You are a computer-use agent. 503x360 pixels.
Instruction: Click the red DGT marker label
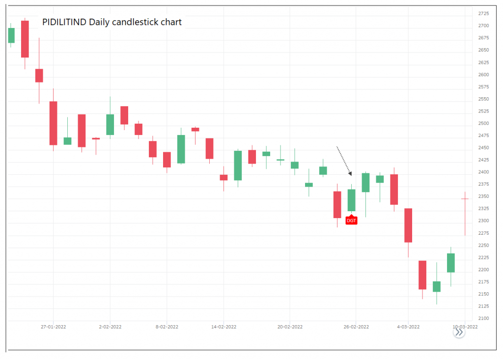click(351, 221)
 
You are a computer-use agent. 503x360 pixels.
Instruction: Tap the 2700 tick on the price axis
click(483, 26)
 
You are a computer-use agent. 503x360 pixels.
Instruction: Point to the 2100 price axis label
click(483, 318)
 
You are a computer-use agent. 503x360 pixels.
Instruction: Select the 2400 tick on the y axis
click(483, 172)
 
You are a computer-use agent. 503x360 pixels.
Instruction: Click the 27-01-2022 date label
click(54, 326)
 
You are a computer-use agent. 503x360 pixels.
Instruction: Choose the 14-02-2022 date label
click(224, 326)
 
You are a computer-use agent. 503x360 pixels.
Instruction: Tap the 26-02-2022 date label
click(356, 326)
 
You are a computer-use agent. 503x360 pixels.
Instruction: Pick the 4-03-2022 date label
click(408, 326)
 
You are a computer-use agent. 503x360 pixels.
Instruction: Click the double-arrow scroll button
click(459, 332)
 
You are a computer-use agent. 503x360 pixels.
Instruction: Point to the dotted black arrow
click(344, 161)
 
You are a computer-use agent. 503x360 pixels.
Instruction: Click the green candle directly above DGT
click(351, 200)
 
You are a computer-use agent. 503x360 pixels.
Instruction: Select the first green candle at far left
click(11, 35)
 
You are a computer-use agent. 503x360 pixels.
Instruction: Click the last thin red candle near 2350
click(465, 198)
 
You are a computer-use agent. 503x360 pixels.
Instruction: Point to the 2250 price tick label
click(483, 245)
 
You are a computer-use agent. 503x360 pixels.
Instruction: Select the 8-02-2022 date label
click(167, 326)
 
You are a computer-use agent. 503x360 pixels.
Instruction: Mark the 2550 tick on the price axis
click(483, 99)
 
